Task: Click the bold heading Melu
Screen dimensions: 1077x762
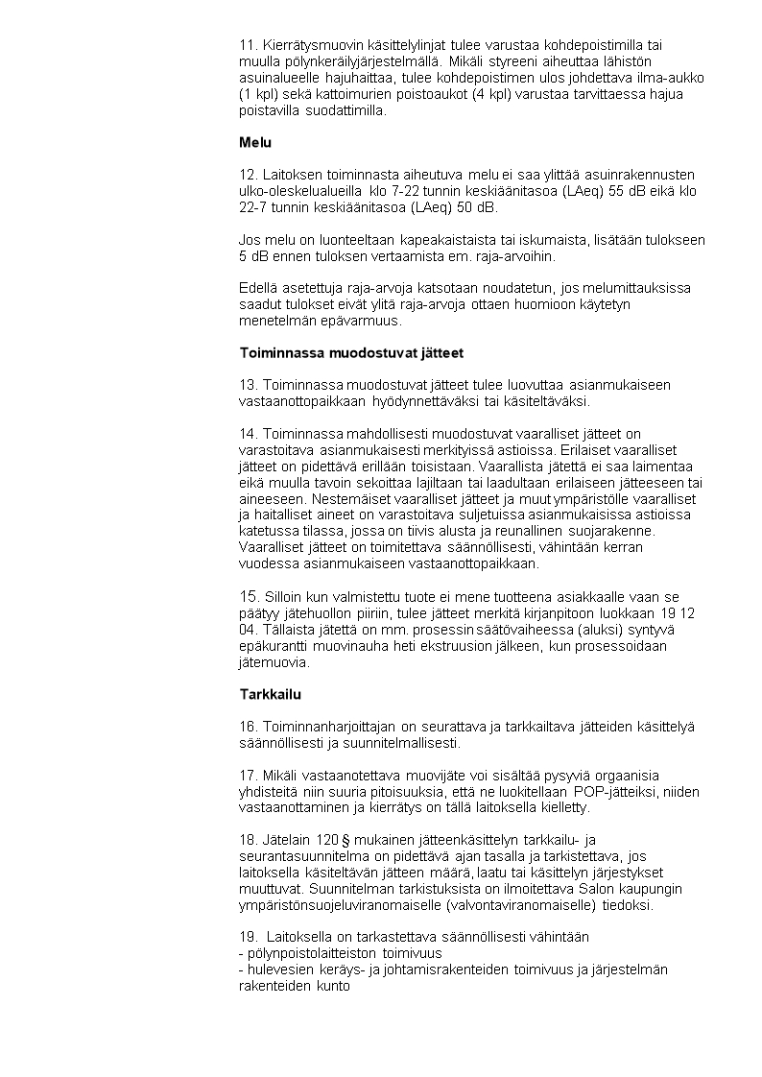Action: pyautogui.click(x=255, y=143)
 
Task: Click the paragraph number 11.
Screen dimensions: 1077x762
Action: pyautogui.click(x=248, y=44)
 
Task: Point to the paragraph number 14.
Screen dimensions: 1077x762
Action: pyautogui.click(x=249, y=433)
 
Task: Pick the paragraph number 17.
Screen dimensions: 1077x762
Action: pyautogui.click(x=248, y=776)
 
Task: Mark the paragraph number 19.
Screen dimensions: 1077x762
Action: pyautogui.click(x=248, y=937)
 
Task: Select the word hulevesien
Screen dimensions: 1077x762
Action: pyautogui.click(x=278, y=969)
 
